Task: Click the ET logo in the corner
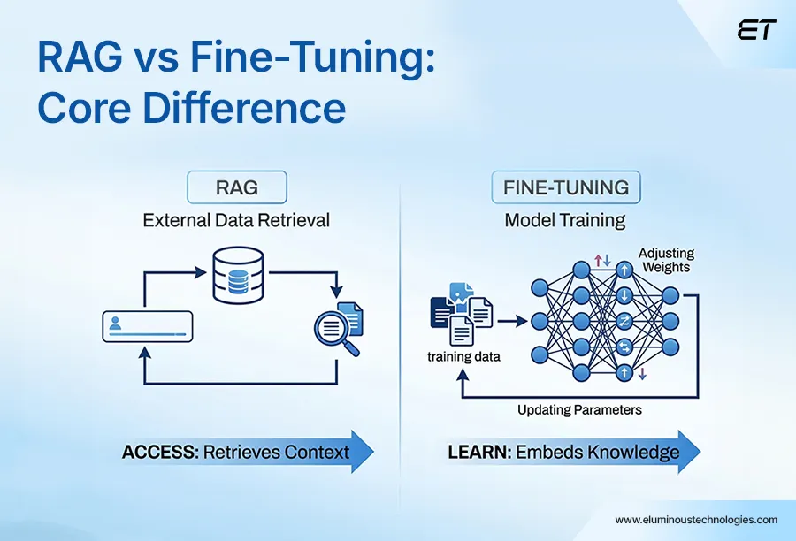755,30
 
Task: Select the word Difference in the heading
243,108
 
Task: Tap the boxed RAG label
236,187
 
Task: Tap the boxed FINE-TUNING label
565,187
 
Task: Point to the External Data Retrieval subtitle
236,219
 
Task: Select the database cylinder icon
238,272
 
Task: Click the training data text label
463,357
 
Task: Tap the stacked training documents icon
460,313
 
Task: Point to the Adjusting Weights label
665,260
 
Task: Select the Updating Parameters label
579,410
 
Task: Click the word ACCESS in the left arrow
160,453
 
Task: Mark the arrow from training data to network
511,321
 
